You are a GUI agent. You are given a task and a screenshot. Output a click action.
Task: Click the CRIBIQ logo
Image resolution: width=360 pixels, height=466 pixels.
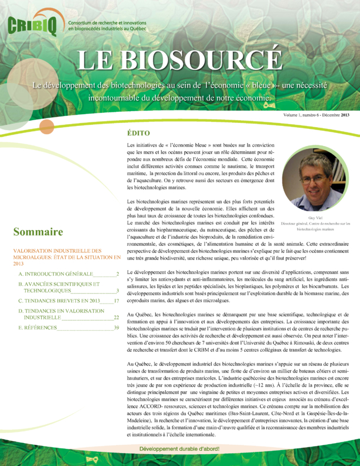[x=34, y=25]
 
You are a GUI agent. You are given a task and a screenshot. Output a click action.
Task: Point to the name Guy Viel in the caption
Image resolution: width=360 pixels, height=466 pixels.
[x=315, y=218]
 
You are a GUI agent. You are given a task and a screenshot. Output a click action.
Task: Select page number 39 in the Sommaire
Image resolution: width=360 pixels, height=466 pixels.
[x=116, y=327]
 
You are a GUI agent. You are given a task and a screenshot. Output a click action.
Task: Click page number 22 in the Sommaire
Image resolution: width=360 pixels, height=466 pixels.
[x=116, y=317]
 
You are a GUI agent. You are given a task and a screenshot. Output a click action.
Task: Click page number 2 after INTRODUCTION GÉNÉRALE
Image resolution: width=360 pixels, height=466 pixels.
[x=118, y=274]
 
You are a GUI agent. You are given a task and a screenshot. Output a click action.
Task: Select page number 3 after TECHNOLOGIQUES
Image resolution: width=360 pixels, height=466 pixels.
[x=118, y=291]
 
